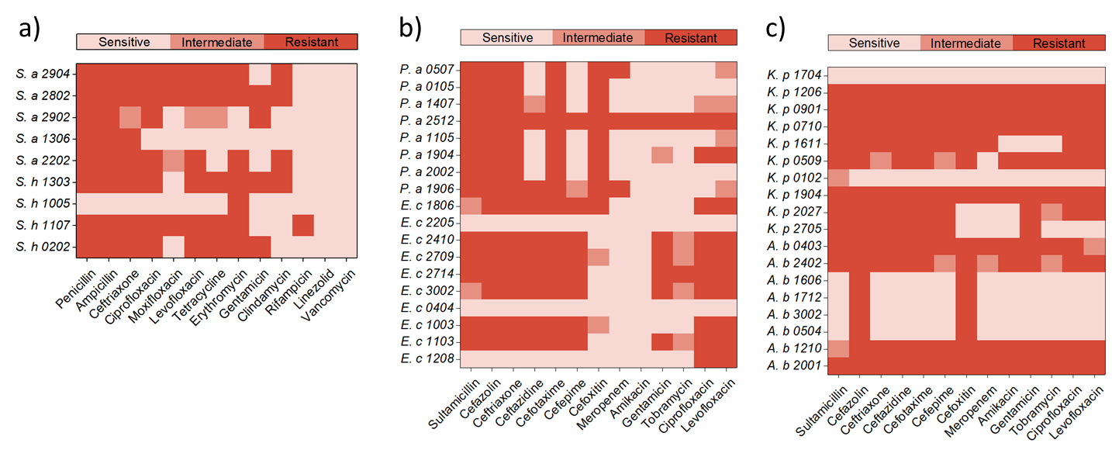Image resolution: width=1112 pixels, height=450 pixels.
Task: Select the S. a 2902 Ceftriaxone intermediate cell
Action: (x=130, y=117)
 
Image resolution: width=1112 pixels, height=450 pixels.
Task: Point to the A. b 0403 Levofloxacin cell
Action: (x=1094, y=246)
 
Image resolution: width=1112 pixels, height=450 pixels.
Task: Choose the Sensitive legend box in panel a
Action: (x=124, y=41)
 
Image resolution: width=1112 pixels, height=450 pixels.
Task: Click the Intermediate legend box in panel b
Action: (x=598, y=37)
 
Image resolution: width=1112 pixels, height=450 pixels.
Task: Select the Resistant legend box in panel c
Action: (x=1059, y=43)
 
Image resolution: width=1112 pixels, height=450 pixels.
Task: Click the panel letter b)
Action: (x=409, y=29)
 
